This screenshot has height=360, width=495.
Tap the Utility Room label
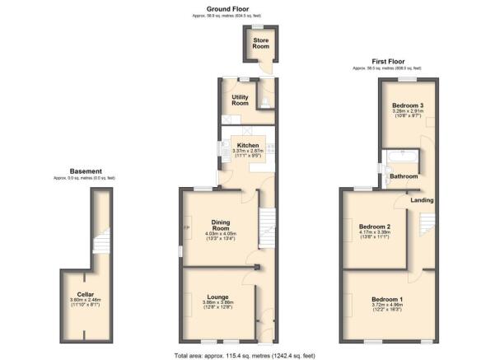point(240,101)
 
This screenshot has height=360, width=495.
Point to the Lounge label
point(217,297)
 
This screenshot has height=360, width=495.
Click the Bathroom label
point(404,176)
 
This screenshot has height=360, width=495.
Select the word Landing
point(422,200)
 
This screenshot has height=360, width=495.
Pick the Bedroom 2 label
point(375,227)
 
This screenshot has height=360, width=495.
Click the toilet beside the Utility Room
point(263,103)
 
